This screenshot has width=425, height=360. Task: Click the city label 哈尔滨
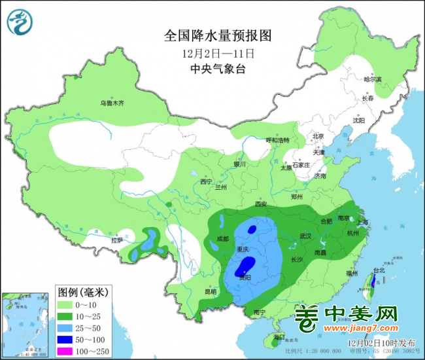pyautogui.click(x=372, y=79)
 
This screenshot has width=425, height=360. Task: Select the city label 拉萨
pyautogui.click(x=117, y=240)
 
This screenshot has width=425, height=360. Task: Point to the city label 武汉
pyautogui.click(x=305, y=236)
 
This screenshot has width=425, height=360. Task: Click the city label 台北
pyautogui.click(x=377, y=270)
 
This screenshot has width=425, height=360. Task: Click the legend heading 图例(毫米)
pyautogui.click(x=82, y=291)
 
